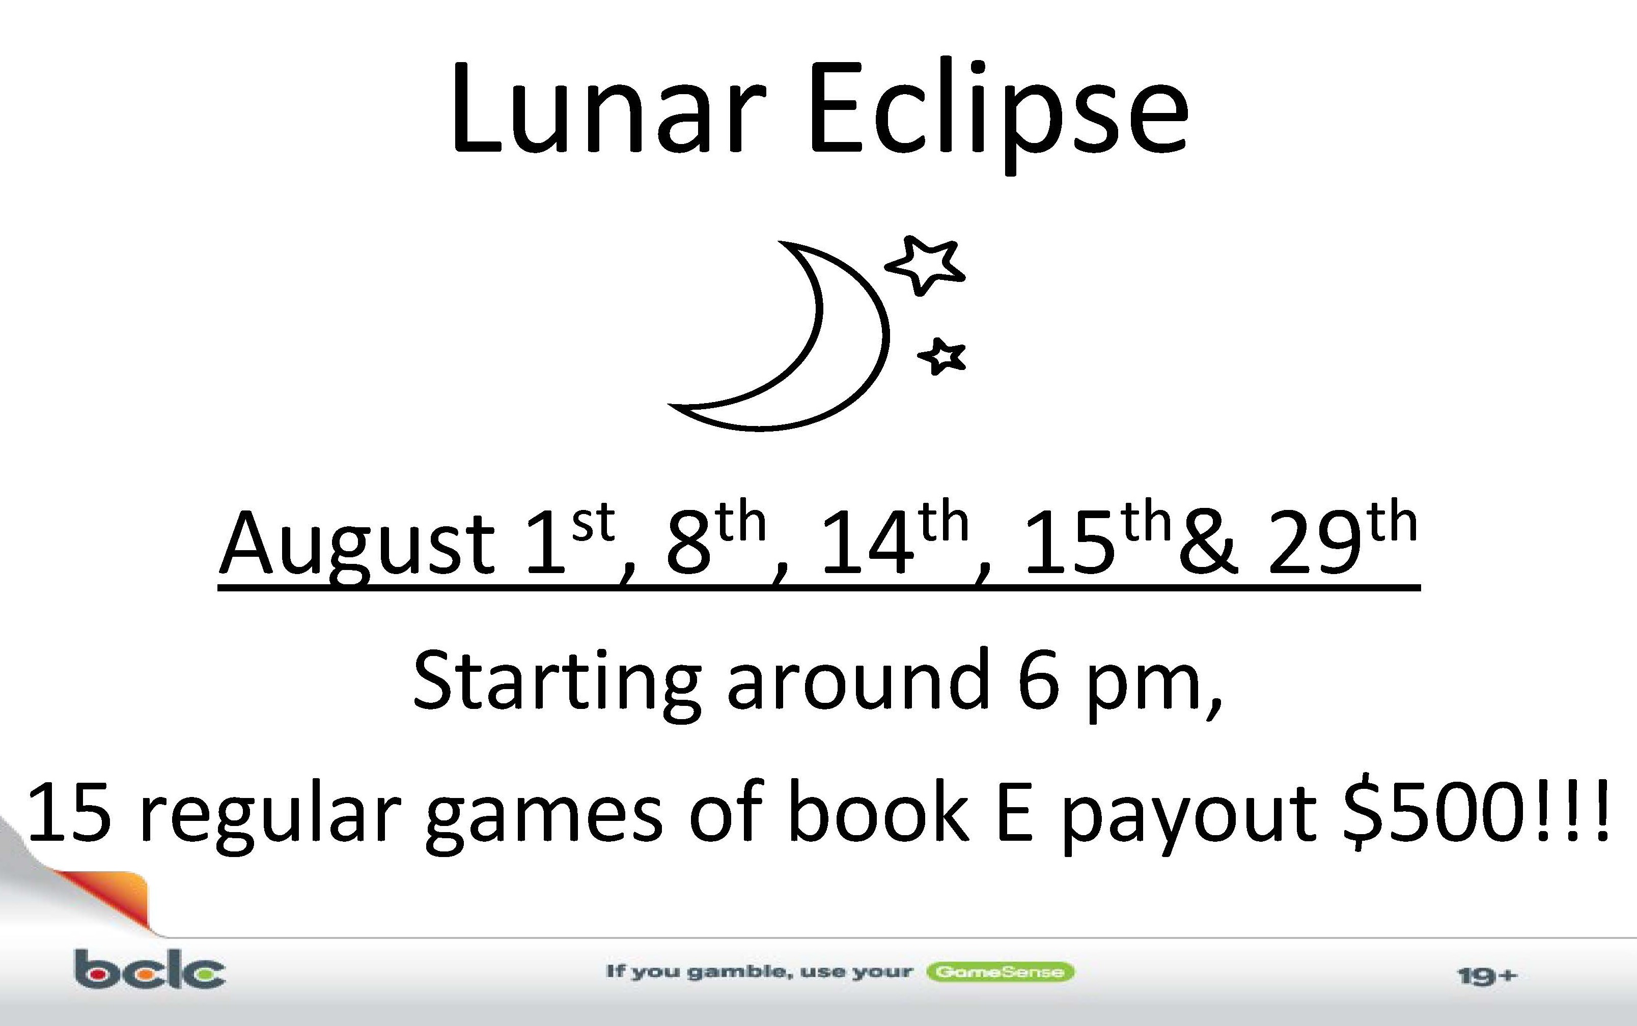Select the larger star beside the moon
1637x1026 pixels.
(x=924, y=265)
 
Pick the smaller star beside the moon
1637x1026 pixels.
(x=942, y=356)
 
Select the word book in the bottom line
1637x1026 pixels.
(x=878, y=810)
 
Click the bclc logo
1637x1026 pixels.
(x=150, y=969)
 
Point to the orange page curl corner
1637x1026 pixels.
(x=102, y=896)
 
